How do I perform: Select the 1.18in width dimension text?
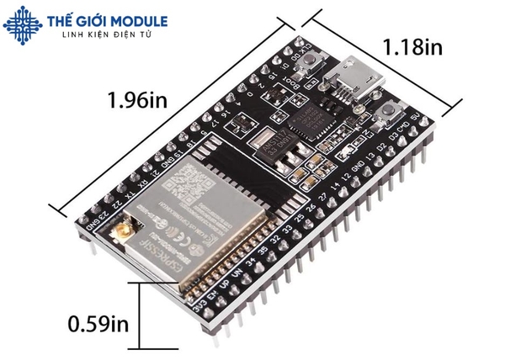coord(412,47)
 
